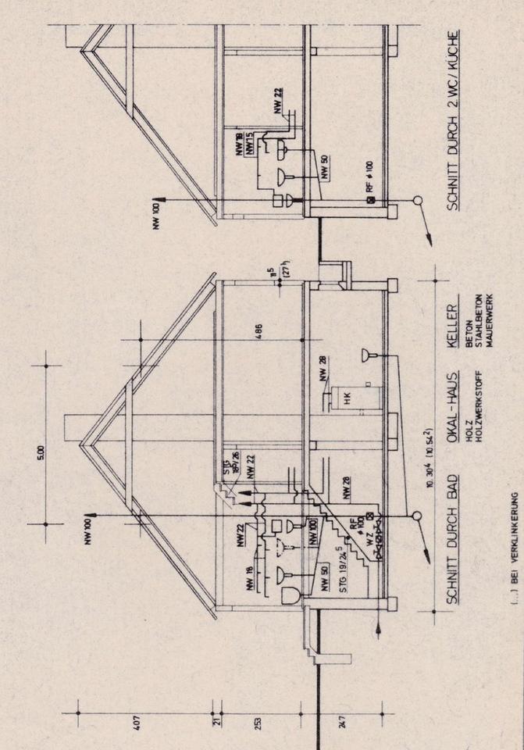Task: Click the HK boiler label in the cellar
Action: click(x=340, y=395)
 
